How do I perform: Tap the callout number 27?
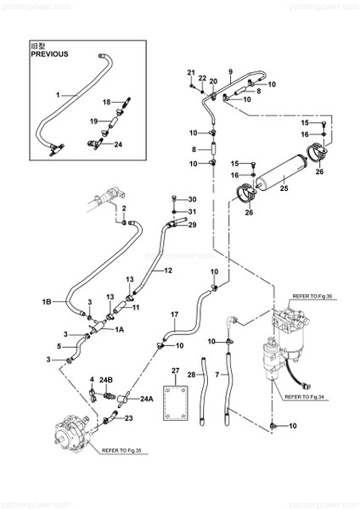click(176, 371)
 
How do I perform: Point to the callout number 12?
click(169, 271)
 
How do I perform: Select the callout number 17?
click(174, 316)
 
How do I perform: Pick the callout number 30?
click(192, 199)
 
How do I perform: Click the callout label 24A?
click(148, 399)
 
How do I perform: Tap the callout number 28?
click(192, 374)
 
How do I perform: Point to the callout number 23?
click(129, 417)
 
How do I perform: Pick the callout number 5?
click(59, 345)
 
